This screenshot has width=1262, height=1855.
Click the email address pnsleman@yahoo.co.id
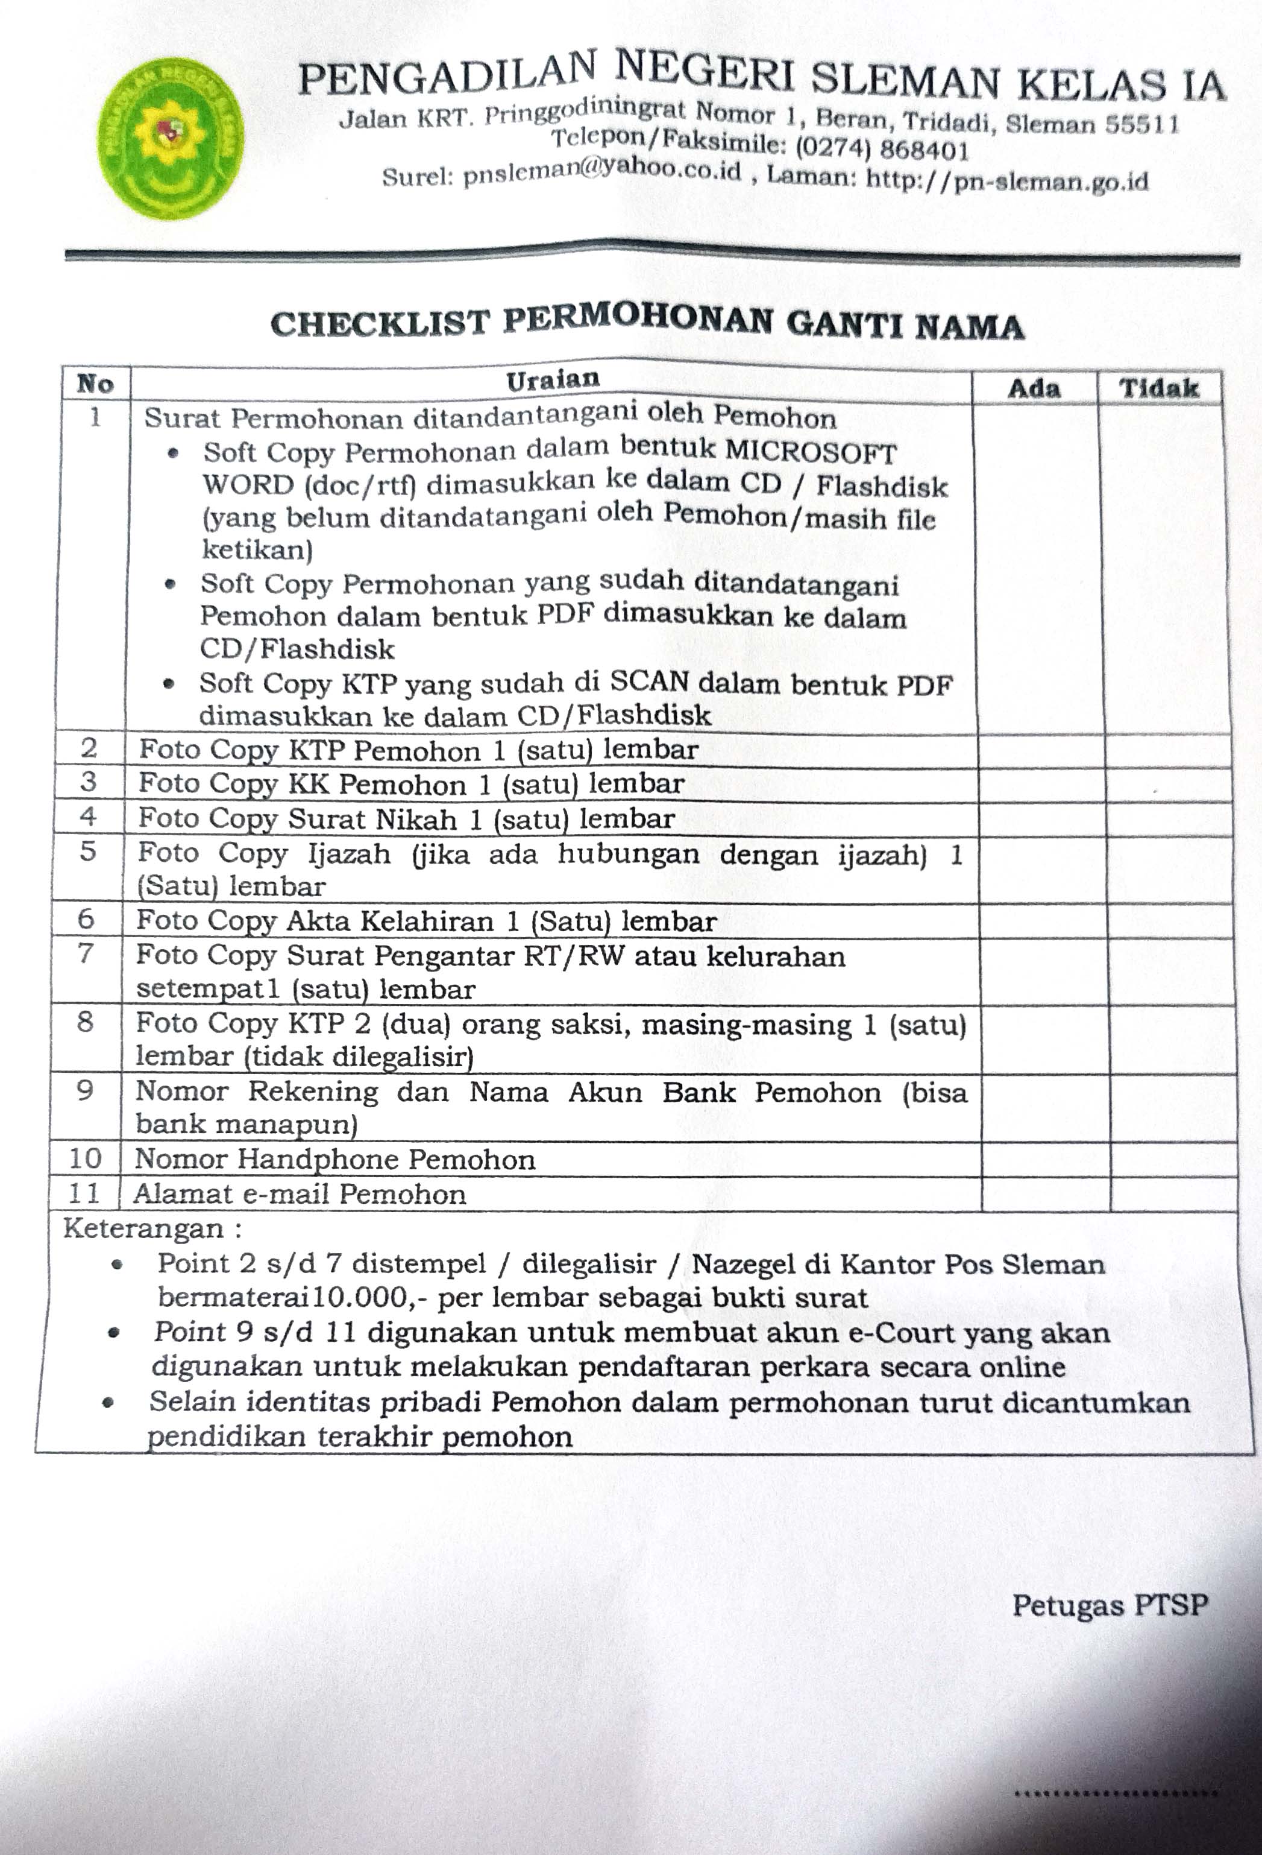[x=601, y=172]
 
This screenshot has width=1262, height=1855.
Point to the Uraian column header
[x=552, y=379]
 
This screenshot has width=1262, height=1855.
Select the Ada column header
[x=1033, y=389]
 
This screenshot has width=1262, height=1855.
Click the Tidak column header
[x=1158, y=389]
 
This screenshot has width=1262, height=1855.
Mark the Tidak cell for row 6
[x=1171, y=921]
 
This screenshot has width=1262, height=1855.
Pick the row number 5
[x=88, y=852]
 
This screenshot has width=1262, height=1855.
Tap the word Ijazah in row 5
[x=350, y=853]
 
